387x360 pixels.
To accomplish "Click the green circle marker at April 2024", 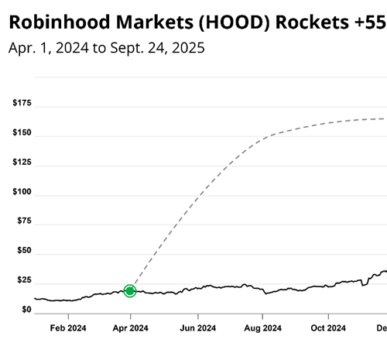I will point(130,291).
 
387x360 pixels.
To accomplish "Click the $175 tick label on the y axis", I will point(21,103).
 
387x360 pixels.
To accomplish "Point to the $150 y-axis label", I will point(21,135).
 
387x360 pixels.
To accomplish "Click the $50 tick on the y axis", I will point(23,252).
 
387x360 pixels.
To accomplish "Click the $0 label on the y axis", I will point(26,310).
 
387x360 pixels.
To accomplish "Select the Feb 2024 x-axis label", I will point(68,327).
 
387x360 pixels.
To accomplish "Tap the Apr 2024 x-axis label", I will point(131,327).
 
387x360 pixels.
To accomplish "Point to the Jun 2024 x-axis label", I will point(197,327).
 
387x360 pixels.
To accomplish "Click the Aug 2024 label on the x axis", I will point(262,327).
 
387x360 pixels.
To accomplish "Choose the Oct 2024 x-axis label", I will point(327,327).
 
